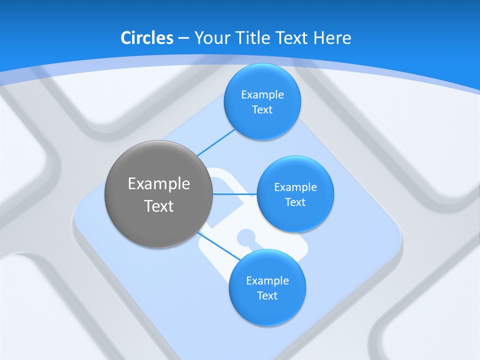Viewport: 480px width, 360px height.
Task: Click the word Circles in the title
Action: point(146,37)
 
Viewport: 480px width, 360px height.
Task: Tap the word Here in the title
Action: point(332,37)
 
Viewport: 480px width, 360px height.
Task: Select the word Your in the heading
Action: point(210,37)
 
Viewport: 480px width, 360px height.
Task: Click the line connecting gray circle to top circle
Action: point(216,142)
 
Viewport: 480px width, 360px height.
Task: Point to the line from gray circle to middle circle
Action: point(234,194)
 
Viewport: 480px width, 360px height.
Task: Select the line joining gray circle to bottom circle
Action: point(218,245)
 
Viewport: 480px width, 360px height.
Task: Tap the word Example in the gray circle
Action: point(159,184)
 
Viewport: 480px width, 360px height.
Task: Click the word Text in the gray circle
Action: point(159,206)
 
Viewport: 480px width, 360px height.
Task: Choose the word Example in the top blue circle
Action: point(262,95)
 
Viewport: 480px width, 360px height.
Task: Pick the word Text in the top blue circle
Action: point(262,110)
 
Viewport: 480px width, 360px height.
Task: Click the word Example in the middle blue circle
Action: point(295,187)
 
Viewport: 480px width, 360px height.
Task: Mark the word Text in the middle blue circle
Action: point(295,202)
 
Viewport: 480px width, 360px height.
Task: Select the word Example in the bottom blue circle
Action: point(267,281)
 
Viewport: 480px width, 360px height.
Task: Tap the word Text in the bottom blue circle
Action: point(267,296)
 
